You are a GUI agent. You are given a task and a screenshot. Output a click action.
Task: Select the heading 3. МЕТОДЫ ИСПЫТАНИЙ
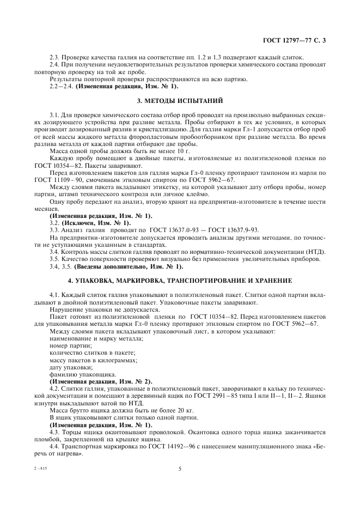180,101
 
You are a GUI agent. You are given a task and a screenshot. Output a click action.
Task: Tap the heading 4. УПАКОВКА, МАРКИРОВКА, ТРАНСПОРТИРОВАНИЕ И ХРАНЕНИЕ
180,280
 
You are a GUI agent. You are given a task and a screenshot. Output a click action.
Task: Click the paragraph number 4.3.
54,432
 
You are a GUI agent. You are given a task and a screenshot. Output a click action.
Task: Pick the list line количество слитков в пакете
91,353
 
